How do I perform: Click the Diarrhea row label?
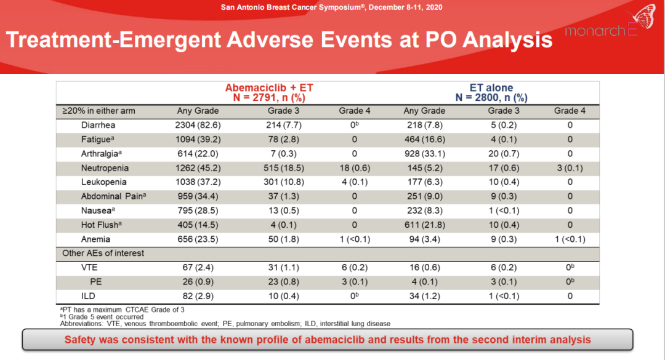click(99, 125)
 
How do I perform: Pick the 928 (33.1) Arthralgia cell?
click(424, 154)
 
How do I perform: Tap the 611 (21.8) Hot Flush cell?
click(424, 225)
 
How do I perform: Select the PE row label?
click(95, 282)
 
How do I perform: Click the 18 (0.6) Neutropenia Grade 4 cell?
click(354, 168)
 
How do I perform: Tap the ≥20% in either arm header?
click(99, 111)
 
